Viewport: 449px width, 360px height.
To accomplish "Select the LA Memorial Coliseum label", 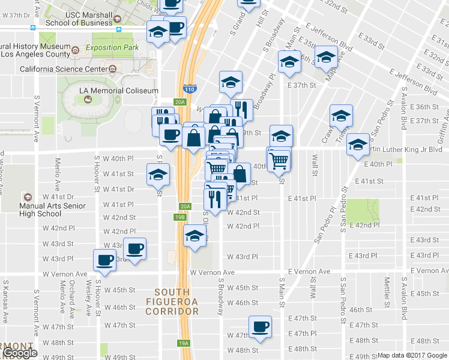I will point(119,91).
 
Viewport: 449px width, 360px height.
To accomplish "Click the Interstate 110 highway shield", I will point(190,88).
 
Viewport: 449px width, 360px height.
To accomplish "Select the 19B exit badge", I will point(180,217).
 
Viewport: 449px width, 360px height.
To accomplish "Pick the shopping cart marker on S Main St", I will point(279,160).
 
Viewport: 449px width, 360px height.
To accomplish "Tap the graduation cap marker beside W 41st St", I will point(158,175).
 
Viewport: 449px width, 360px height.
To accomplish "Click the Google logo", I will point(19,353).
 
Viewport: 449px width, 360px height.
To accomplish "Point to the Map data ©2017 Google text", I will point(412,355).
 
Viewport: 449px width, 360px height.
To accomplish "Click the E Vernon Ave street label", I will point(309,272).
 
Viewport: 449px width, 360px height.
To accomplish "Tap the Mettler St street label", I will point(387,288).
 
